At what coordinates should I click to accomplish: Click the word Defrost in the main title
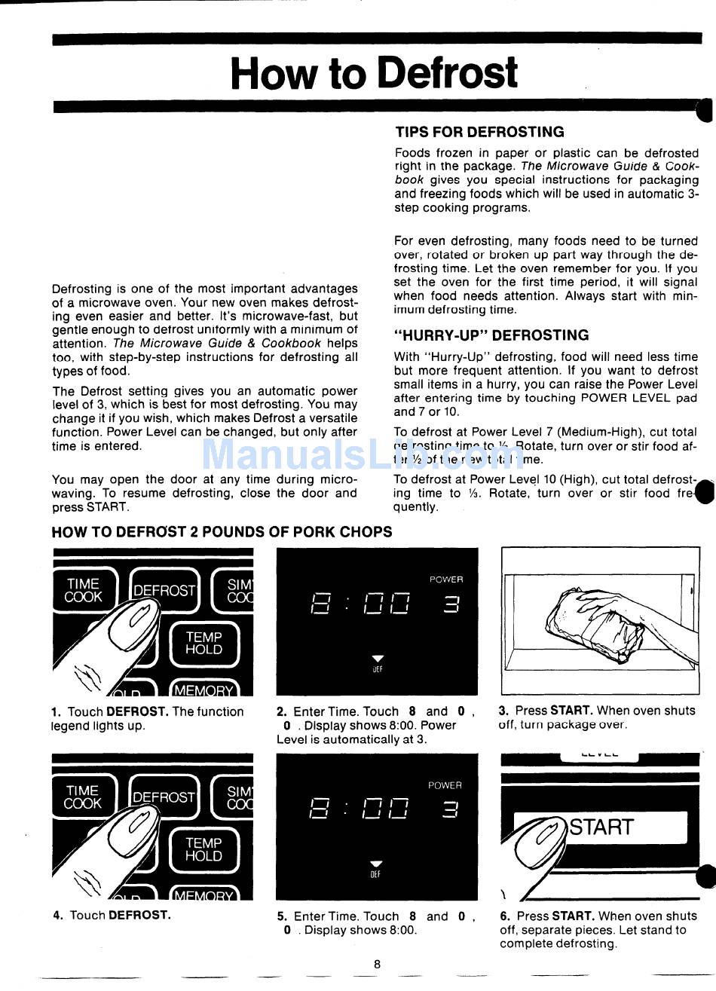click(447, 73)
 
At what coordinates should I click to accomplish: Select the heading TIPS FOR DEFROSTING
click(479, 132)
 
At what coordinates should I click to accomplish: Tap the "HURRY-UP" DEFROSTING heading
click(491, 335)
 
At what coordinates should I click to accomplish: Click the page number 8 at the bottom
click(377, 964)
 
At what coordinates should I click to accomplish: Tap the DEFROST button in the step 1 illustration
click(164, 591)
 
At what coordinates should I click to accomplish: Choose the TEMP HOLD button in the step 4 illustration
click(203, 849)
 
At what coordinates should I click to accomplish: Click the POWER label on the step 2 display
click(446, 580)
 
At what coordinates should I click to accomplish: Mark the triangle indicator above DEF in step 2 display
click(378, 657)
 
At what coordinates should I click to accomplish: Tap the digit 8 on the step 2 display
click(320, 604)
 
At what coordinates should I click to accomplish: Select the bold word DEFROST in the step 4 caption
click(139, 915)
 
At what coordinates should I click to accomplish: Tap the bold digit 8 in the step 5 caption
click(412, 916)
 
